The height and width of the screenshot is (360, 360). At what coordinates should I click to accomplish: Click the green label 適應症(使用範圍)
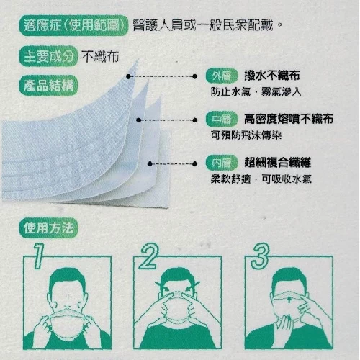click(73, 25)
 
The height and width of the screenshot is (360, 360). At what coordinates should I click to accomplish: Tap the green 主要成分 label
click(48, 56)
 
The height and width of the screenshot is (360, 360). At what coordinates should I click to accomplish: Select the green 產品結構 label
click(48, 85)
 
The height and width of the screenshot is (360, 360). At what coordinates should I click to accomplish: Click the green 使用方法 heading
click(48, 228)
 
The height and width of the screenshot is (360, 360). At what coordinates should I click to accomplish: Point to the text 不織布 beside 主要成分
click(100, 57)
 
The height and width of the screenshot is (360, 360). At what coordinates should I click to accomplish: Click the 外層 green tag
click(221, 76)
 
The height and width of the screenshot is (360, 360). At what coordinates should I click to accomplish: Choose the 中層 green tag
click(221, 119)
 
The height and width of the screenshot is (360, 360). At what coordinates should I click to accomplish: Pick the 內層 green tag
click(221, 163)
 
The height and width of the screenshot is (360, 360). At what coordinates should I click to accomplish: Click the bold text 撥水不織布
click(272, 76)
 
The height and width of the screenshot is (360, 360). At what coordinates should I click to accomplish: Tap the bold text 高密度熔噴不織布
click(289, 119)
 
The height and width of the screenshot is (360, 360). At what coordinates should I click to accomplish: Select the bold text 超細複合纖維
click(278, 163)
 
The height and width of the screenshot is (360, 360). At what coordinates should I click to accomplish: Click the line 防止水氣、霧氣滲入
click(256, 91)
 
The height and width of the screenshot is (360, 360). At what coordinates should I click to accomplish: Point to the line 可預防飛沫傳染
click(246, 135)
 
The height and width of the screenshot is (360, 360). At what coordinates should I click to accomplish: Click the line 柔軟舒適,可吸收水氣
click(261, 179)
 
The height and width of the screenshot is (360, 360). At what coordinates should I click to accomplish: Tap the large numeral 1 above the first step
click(39, 256)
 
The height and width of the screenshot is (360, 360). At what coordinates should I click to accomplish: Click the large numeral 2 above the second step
click(149, 256)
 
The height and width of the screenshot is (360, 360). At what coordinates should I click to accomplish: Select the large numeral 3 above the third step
click(260, 256)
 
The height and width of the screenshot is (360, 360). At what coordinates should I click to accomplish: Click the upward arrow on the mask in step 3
click(289, 300)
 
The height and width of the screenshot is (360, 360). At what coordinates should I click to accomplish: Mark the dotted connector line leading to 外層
click(161, 76)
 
